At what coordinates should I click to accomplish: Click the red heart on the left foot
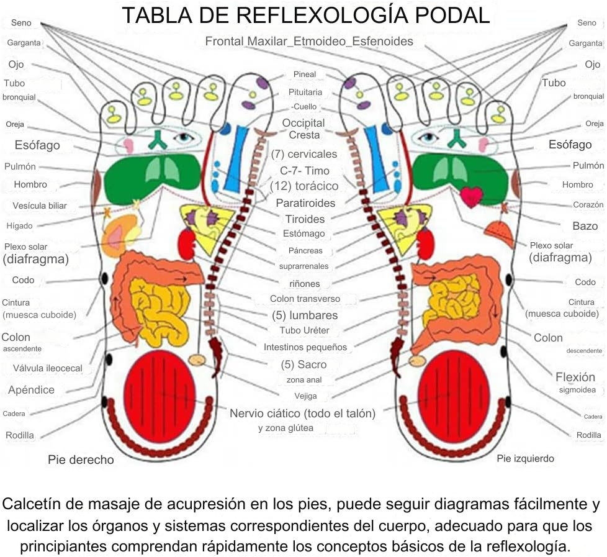point(471,196)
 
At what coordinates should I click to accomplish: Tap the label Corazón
point(588,204)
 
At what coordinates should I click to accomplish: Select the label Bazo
point(585,226)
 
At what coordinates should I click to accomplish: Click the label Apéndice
point(31,390)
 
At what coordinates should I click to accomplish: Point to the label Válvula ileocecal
point(48,368)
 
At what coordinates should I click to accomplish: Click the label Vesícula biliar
point(40,206)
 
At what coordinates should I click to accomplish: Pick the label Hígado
point(20,226)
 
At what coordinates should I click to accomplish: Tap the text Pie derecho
point(81,460)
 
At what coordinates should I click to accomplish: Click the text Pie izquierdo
point(525,459)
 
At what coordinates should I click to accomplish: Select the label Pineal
point(305,75)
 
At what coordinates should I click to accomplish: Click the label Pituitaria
point(305,92)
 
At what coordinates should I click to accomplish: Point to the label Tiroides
point(305,219)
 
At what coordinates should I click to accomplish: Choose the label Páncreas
point(305,251)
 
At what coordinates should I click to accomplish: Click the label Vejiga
point(305,396)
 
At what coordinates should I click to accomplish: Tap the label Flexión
point(575,377)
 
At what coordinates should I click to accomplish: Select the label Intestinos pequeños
point(305,347)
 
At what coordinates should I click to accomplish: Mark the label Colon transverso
point(305,299)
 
